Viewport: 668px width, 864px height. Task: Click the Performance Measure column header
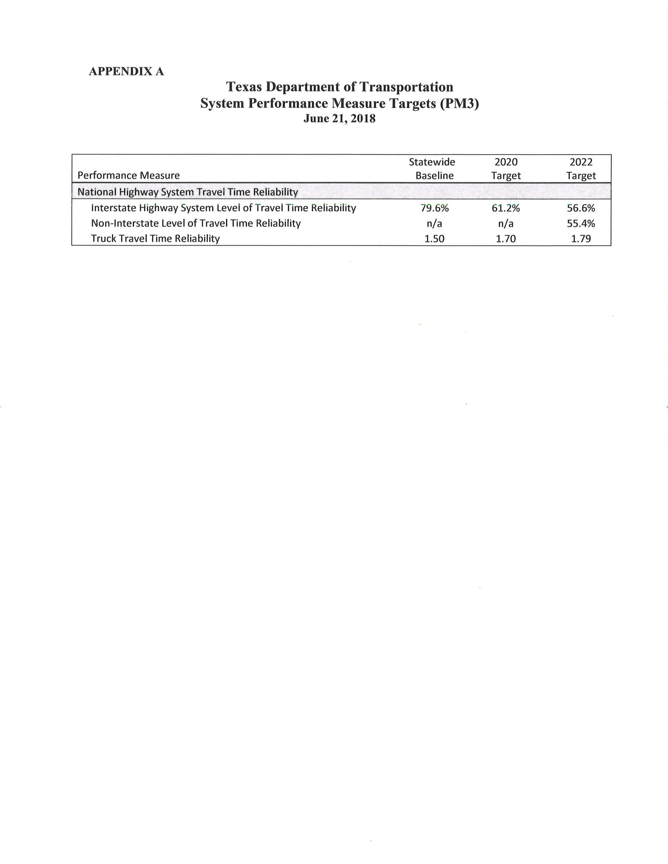click(x=129, y=175)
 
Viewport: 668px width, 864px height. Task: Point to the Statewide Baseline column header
click(x=432, y=169)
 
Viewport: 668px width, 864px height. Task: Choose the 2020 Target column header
click(x=506, y=169)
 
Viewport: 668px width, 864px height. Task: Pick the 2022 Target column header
click(x=581, y=169)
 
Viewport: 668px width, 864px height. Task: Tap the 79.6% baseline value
click(x=435, y=208)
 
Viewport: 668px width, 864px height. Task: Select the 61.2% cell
click(x=506, y=208)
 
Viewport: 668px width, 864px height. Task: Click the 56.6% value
click(x=581, y=208)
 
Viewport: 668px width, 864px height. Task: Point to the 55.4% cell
click(x=581, y=223)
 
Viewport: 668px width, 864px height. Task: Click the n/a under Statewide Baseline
click(x=434, y=223)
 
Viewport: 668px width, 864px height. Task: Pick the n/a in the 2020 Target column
click(x=506, y=223)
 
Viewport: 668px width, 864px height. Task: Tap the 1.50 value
click(x=434, y=238)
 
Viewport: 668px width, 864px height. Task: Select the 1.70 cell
click(x=506, y=238)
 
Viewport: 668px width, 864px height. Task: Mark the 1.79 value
click(x=581, y=238)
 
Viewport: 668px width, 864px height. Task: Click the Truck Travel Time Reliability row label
click(x=155, y=238)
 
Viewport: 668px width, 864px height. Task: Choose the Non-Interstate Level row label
click(x=196, y=223)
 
